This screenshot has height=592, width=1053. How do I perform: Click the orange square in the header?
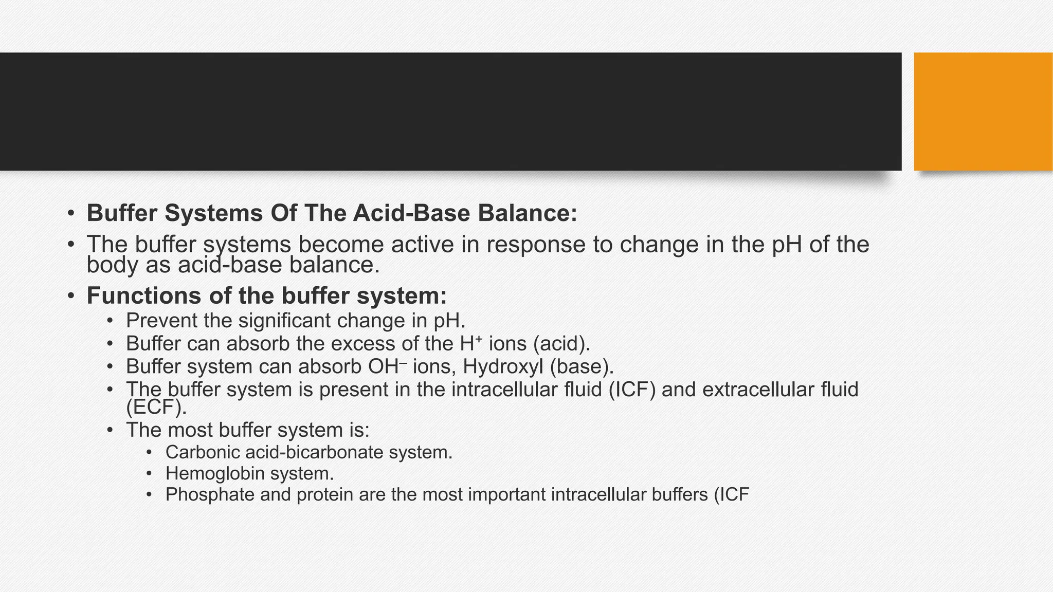coord(983,111)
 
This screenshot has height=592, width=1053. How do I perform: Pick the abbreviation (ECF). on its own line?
coord(156,407)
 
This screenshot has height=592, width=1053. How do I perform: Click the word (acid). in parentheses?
coord(561,344)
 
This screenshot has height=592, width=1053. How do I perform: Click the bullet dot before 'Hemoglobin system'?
coord(149,473)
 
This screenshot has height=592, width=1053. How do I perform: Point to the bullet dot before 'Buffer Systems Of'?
coord(71,213)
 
